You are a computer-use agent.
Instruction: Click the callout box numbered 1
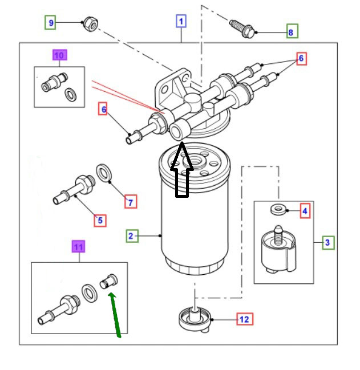[181, 22]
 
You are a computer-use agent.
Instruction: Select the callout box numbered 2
[131, 235]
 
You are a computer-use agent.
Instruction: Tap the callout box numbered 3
[327, 243]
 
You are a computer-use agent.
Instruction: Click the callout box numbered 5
[100, 220]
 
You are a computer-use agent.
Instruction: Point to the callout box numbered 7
[131, 201]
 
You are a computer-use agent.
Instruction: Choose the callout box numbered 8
[291, 32]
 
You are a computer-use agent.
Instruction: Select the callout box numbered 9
[51, 23]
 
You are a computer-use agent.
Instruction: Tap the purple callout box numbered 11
[79, 247]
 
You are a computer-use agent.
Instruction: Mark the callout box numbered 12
[244, 319]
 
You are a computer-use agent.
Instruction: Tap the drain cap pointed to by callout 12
[195, 319]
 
